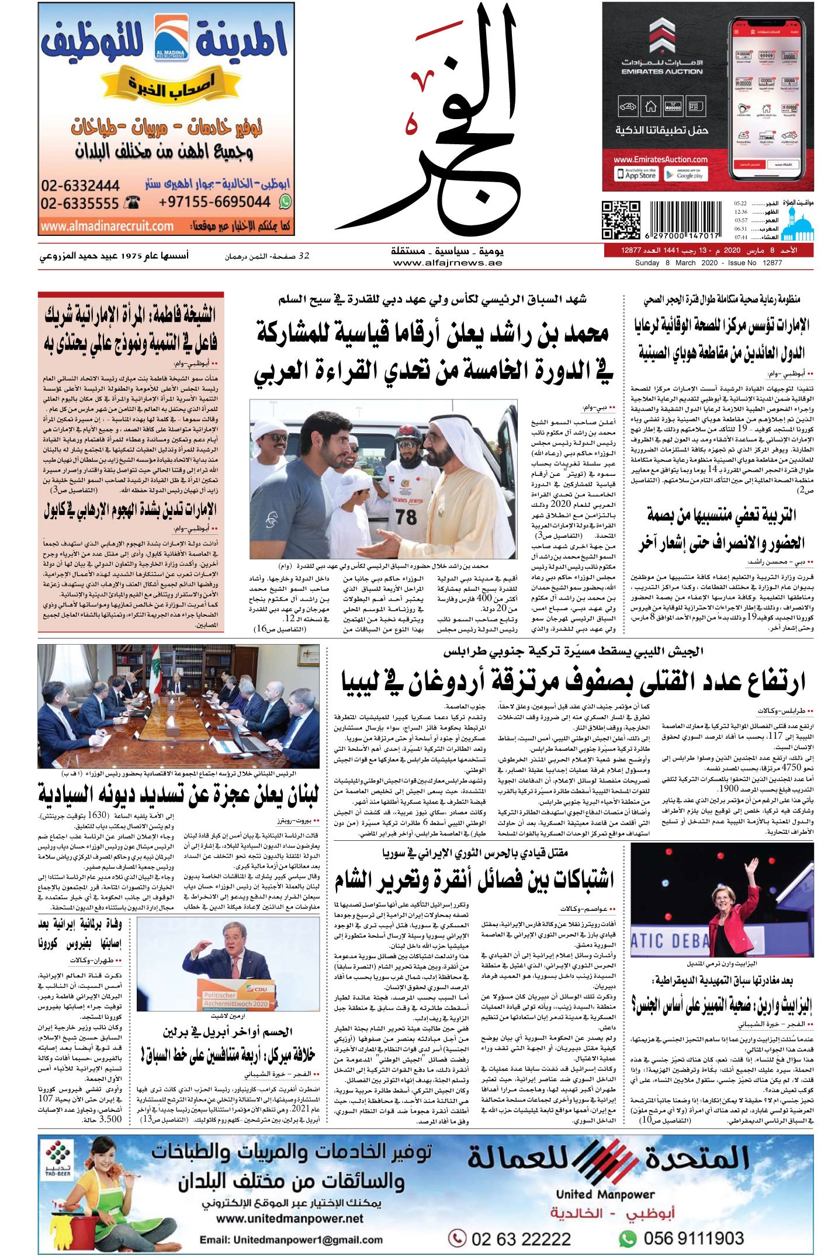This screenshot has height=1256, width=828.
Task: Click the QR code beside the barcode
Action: pos(621,220)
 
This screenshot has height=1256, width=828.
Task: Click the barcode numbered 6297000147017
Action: pos(682,221)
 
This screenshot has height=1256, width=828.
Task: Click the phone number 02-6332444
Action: pos(80,186)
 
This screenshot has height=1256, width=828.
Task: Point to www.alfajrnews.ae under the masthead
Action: pos(448,263)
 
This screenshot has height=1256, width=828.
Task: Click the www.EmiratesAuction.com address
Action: pos(660,159)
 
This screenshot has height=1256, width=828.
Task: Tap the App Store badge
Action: pos(636,173)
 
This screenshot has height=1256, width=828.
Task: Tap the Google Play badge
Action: pos(685,173)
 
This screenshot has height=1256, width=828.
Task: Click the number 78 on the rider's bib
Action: pos(406,516)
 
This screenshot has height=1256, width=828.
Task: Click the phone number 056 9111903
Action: pos(693,1238)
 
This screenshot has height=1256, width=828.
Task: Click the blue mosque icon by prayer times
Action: pos(798,225)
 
